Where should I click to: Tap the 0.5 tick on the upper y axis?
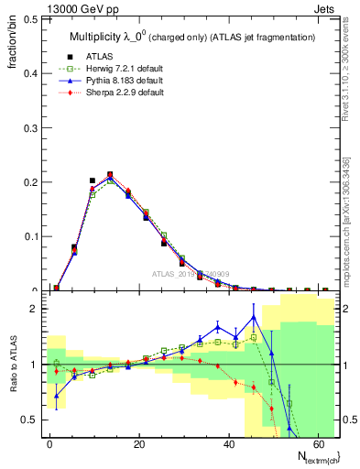28,17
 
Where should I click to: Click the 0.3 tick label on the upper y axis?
28,126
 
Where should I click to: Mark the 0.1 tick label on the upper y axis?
28,236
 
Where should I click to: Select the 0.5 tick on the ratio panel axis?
28,420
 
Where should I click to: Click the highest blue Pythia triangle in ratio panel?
253,318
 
